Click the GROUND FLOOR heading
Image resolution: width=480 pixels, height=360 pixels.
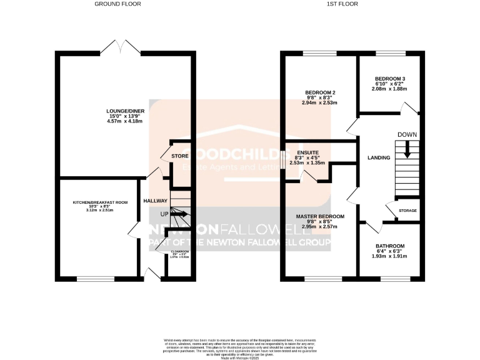tap(117, 4)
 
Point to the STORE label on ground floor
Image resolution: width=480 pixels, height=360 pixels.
tap(181, 156)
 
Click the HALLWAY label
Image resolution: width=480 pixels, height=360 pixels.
tap(156, 201)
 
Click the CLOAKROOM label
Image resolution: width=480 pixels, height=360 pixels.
tap(180, 251)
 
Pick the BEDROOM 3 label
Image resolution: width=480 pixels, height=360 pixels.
tap(390, 79)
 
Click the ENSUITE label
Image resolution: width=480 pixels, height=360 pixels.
tap(307, 152)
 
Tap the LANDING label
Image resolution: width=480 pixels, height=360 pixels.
tap(379, 157)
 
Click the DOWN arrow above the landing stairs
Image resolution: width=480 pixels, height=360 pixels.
tap(407, 149)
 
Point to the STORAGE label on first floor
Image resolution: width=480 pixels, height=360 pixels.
tap(407, 211)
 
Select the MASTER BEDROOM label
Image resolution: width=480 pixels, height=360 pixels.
tap(319, 216)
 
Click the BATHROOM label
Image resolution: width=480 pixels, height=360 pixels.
tap(389, 246)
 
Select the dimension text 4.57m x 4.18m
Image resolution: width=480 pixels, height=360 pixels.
tap(124, 121)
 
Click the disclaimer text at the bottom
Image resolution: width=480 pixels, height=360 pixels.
tap(239, 346)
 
